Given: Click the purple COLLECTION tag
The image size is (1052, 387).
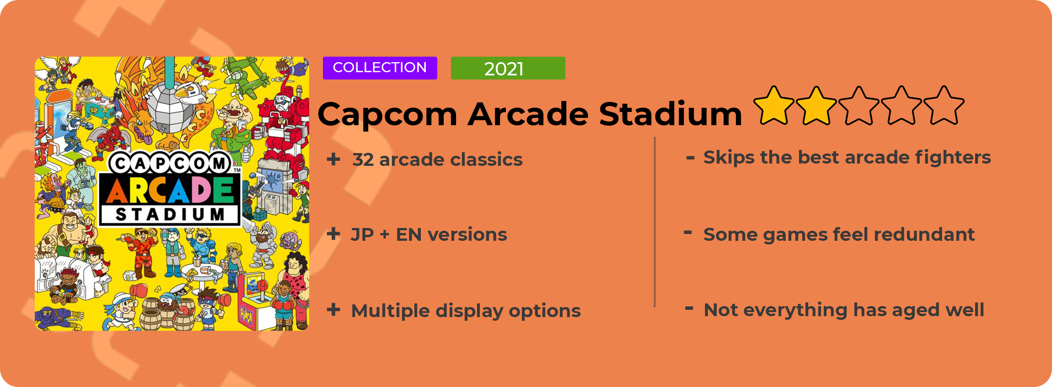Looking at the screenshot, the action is (380, 68).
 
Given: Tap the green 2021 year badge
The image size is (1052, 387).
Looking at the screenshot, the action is (508, 68).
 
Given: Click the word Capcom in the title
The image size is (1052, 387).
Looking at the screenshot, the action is (387, 114).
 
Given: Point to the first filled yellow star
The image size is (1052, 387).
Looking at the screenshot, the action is (774, 106).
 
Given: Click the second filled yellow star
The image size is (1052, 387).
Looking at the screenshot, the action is (816, 106).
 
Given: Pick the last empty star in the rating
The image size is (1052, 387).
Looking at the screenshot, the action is (944, 106).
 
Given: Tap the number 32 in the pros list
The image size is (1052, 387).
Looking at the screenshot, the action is (363, 159).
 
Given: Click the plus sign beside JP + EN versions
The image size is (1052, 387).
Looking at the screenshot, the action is (333, 234).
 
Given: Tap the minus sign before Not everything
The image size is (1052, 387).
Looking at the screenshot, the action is (689, 308).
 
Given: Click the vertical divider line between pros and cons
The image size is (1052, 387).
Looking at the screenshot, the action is (655, 222).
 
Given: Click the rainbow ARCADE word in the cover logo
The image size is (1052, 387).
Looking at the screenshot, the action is (170, 190).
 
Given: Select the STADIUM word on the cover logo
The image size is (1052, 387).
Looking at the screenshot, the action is (170, 214).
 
